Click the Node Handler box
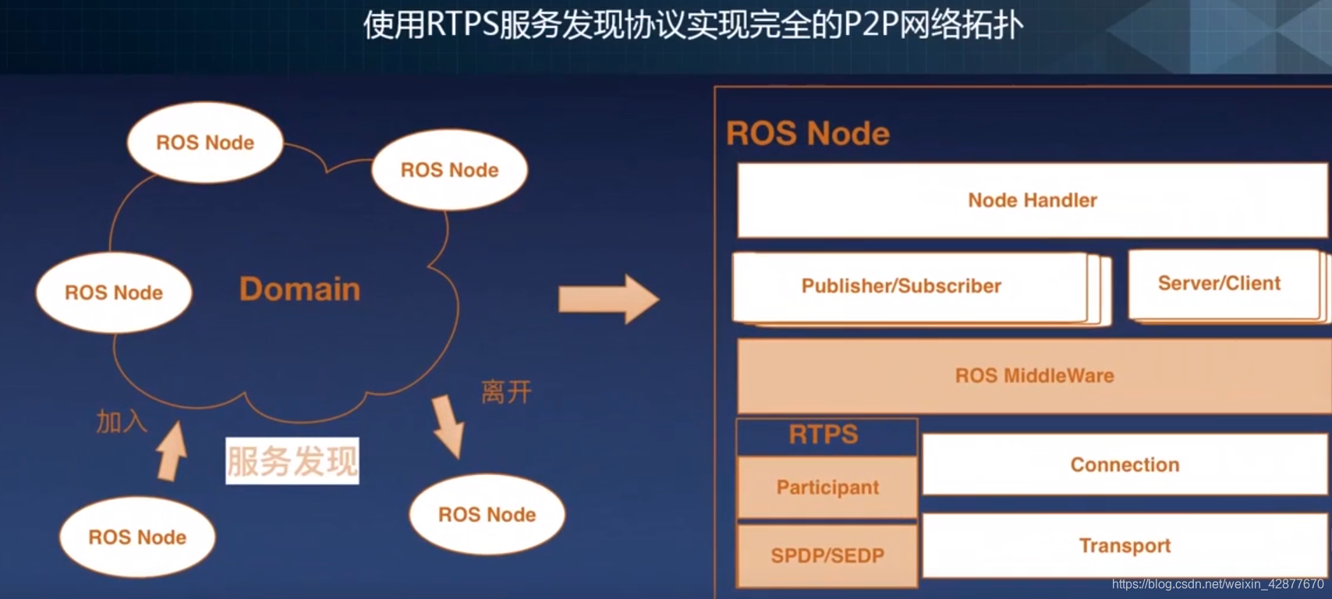(x=1032, y=200)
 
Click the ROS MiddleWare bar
(x=1034, y=376)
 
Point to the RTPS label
(x=824, y=435)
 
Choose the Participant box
(x=827, y=487)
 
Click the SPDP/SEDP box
(x=827, y=555)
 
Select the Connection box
(x=1125, y=465)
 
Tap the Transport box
(x=1125, y=546)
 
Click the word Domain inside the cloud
(x=299, y=289)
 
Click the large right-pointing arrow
(x=609, y=299)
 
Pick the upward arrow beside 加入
(x=172, y=452)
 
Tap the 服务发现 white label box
(x=292, y=461)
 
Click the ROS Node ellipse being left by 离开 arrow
(x=487, y=515)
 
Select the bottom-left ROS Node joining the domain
(x=137, y=537)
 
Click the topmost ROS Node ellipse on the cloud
(x=205, y=143)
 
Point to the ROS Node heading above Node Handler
(x=807, y=133)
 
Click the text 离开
(x=506, y=392)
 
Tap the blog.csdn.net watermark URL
(x=1217, y=584)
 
